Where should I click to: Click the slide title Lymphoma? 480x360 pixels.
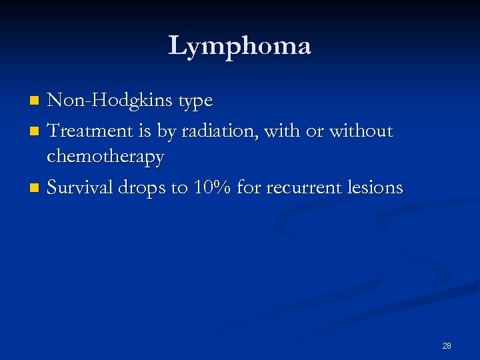click(239, 46)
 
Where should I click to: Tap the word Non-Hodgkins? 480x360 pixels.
click(107, 101)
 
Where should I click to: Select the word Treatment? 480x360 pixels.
click(91, 131)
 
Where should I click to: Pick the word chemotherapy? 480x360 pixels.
click(105, 157)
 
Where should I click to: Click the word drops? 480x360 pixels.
click(143, 188)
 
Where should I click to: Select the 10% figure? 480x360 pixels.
click(211, 187)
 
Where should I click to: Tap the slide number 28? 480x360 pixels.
click(447, 345)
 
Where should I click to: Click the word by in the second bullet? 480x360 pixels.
click(164, 132)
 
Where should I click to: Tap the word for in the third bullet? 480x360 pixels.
click(249, 187)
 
